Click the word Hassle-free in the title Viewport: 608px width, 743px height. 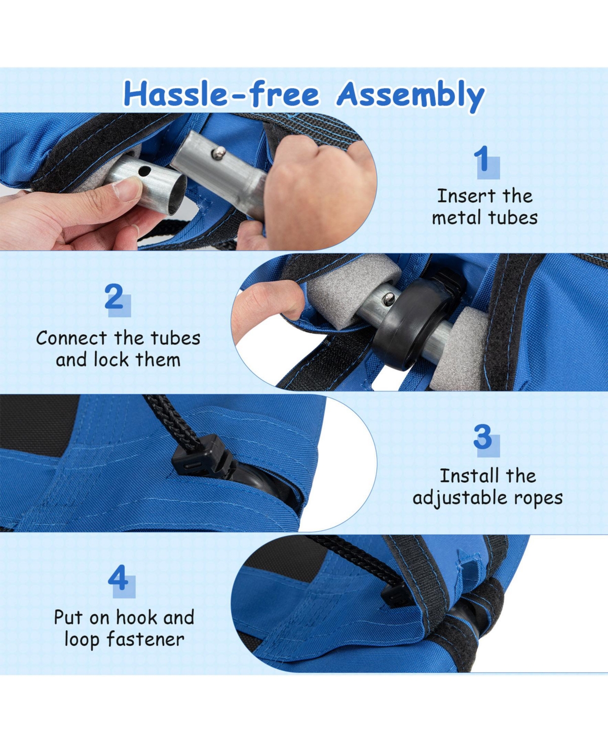tap(221, 94)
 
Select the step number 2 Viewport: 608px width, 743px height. tap(114, 297)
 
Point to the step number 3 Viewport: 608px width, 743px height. tap(482, 437)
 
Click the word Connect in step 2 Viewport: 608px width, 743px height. tap(71, 338)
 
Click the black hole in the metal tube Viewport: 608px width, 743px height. tap(144, 171)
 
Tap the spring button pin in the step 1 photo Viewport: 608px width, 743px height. tap(218, 153)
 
